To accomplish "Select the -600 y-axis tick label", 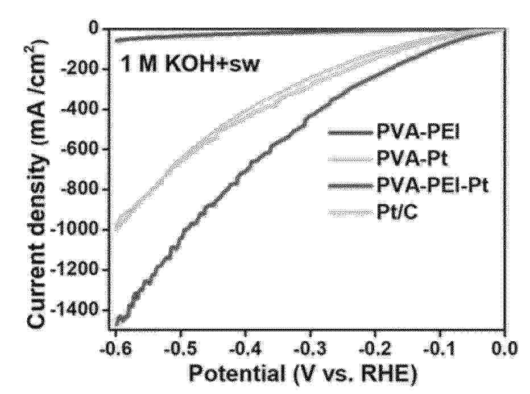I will (82, 150).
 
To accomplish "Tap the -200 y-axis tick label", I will (82, 70).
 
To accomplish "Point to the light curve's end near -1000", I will (115, 229).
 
